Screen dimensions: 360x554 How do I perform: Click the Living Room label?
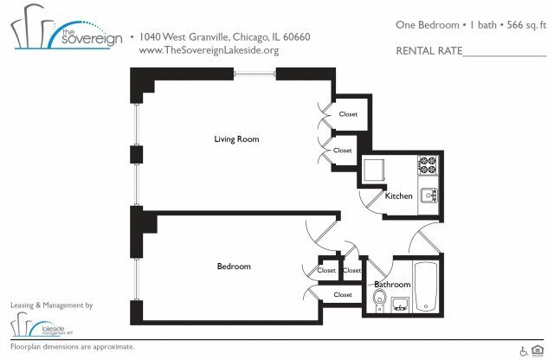tap(236, 139)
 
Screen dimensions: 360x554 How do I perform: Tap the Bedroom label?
tap(233, 267)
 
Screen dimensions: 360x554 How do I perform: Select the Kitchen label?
tap(399, 196)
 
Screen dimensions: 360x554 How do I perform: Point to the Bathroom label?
tap(392, 284)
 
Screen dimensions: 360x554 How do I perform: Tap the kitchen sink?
tap(429, 196)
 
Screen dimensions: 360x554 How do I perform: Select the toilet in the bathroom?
tap(378, 300)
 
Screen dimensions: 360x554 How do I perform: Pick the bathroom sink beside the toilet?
tap(400, 304)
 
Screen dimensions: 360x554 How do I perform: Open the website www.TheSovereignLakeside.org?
tap(209, 50)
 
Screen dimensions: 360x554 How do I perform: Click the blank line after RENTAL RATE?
tap(506, 52)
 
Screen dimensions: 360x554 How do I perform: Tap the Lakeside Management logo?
tap(43, 325)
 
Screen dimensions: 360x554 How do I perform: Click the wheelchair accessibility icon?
tap(525, 350)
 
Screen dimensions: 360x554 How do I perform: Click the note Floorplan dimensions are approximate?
tap(73, 347)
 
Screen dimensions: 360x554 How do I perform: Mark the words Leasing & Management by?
tap(51, 305)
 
